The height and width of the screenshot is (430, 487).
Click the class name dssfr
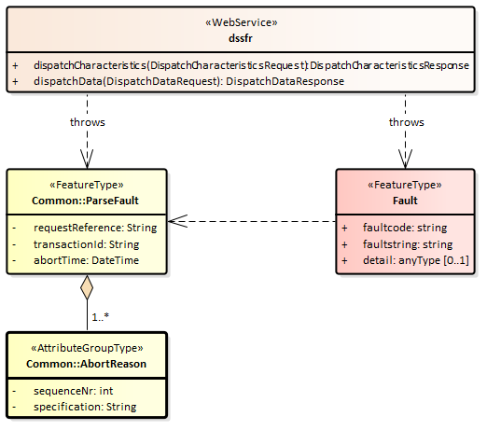click(241, 38)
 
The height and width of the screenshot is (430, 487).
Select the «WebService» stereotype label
click(242, 22)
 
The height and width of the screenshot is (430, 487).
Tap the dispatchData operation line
click(188, 81)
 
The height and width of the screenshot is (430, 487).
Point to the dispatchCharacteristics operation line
click(251, 65)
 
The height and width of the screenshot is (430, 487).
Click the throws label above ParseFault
click(88, 122)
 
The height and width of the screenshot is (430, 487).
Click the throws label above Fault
click(407, 122)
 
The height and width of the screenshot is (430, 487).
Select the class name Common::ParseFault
click(85, 201)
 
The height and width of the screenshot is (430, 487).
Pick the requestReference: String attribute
click(95, 228)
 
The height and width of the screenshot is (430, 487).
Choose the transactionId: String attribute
click(86, 244)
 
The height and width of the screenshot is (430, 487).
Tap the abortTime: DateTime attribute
click(86, 260)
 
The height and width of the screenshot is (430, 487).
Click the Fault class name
click(405, 201)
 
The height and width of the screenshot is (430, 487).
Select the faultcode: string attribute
click(405, 228)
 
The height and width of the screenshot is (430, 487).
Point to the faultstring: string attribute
click(408, 244)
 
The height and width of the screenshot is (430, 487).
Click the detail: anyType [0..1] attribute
click(416, 260)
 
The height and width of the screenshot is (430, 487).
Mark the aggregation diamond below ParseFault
click(87, 287)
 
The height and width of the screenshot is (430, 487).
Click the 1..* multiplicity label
click(101, 317)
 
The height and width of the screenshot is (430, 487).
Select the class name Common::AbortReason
click(86, 364)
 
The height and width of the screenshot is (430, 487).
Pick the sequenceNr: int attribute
click(73, 391)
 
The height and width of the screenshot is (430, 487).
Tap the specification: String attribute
click(85, 407)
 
